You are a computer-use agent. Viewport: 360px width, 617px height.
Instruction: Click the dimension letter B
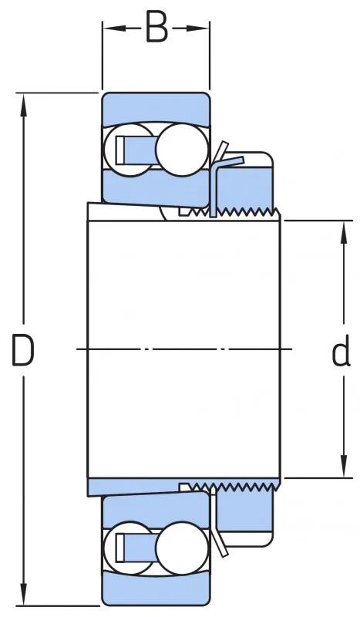pos(156,27)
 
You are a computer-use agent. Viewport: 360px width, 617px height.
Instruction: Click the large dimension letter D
pos(23,349)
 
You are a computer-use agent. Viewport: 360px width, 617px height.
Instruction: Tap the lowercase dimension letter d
pos(341,349)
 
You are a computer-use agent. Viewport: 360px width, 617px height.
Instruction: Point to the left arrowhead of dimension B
pos(114,28)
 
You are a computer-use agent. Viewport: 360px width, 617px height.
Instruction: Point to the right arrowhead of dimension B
pos(198,28)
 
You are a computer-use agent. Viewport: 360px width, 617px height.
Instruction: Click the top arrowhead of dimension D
pos(23,105)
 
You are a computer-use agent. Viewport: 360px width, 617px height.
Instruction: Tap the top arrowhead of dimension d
pos(344,232)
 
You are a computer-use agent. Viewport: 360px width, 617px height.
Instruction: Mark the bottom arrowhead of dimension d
pos(344,467)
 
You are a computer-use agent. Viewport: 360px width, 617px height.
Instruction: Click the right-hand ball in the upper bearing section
pos(181,149)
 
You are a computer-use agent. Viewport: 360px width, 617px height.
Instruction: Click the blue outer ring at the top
pos(156,108)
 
